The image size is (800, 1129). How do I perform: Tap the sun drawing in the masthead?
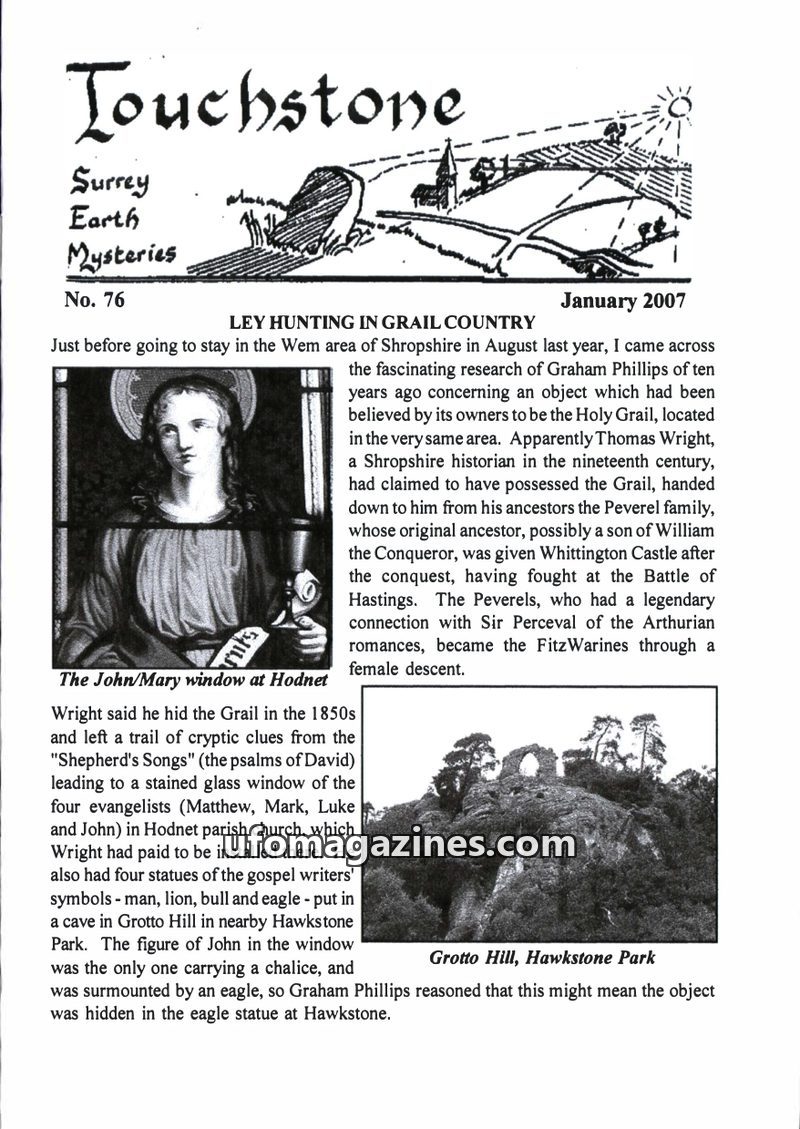681,103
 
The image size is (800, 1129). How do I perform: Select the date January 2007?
623,300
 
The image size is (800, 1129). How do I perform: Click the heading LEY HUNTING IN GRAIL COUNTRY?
383,323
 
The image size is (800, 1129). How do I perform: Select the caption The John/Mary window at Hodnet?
193,680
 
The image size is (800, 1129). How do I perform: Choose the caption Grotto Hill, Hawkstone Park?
542,957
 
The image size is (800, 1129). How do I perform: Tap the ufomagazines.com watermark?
399,845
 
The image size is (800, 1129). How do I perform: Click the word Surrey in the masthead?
109,182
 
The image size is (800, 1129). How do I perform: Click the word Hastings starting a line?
384,600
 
